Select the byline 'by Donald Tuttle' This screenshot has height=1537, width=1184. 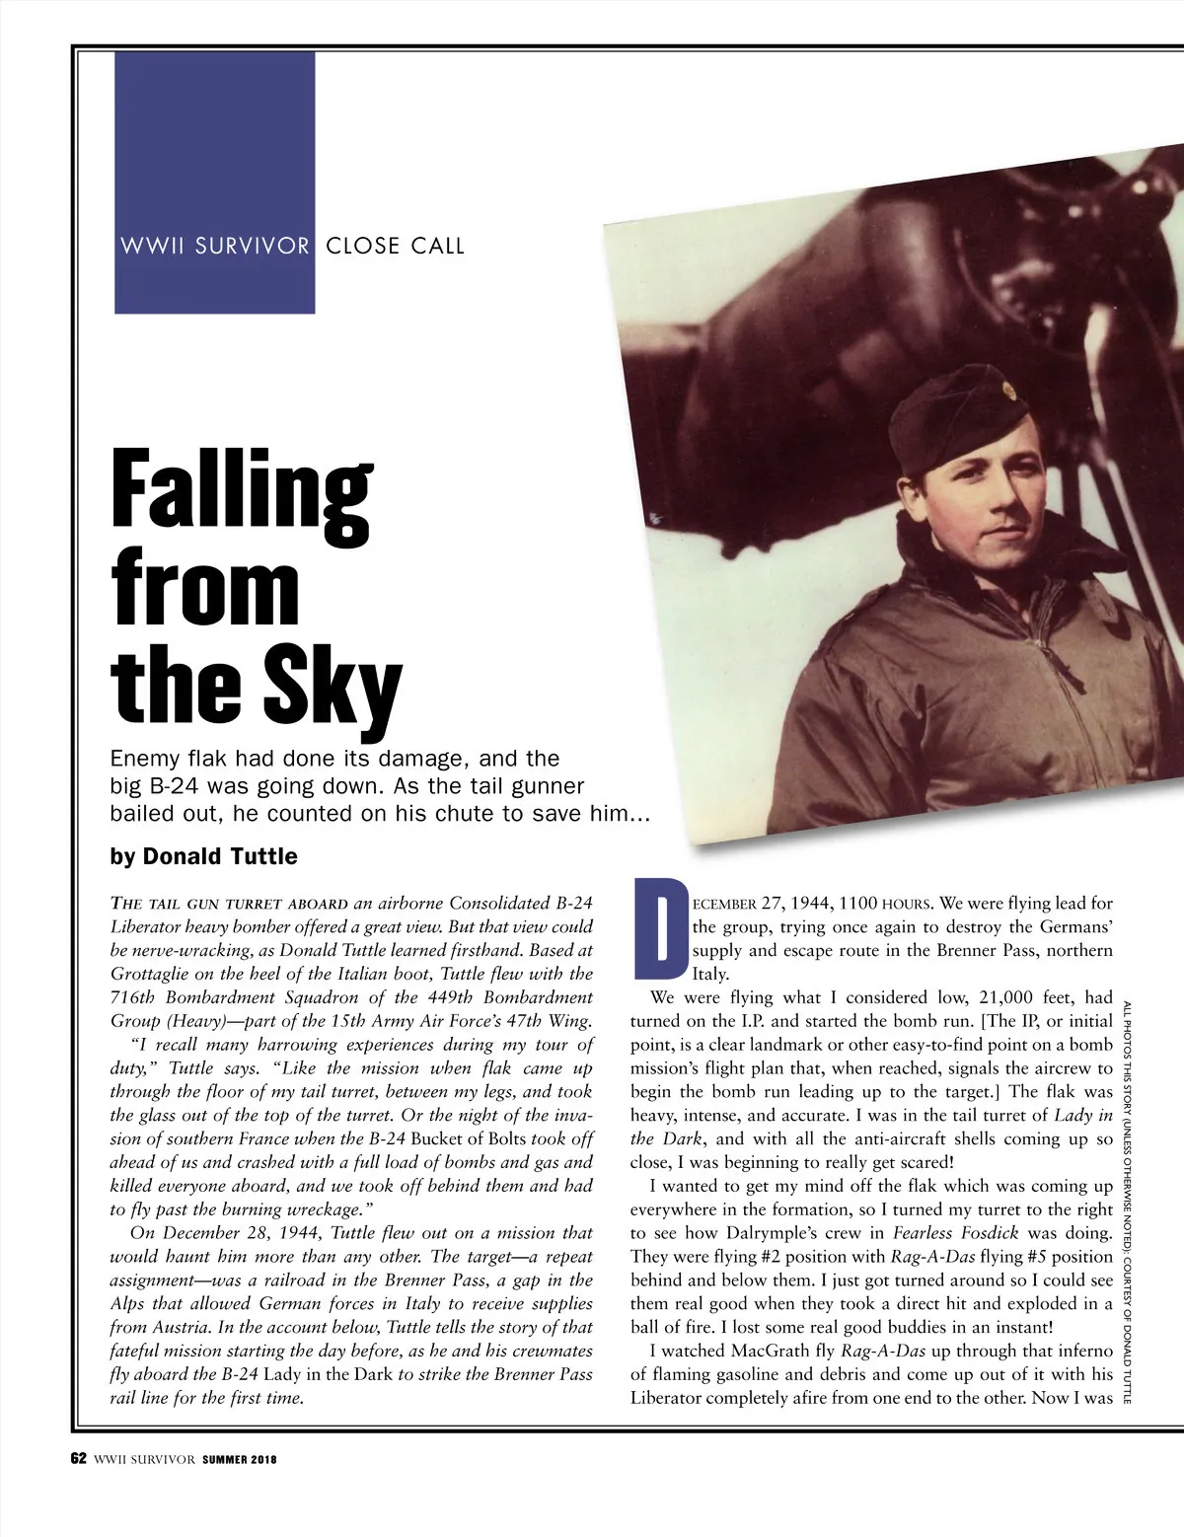(203, 855)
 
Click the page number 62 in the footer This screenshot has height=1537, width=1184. (79, 1459)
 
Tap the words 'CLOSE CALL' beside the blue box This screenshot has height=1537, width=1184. (395, 247)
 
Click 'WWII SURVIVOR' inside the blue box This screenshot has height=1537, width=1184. (215, 247)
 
